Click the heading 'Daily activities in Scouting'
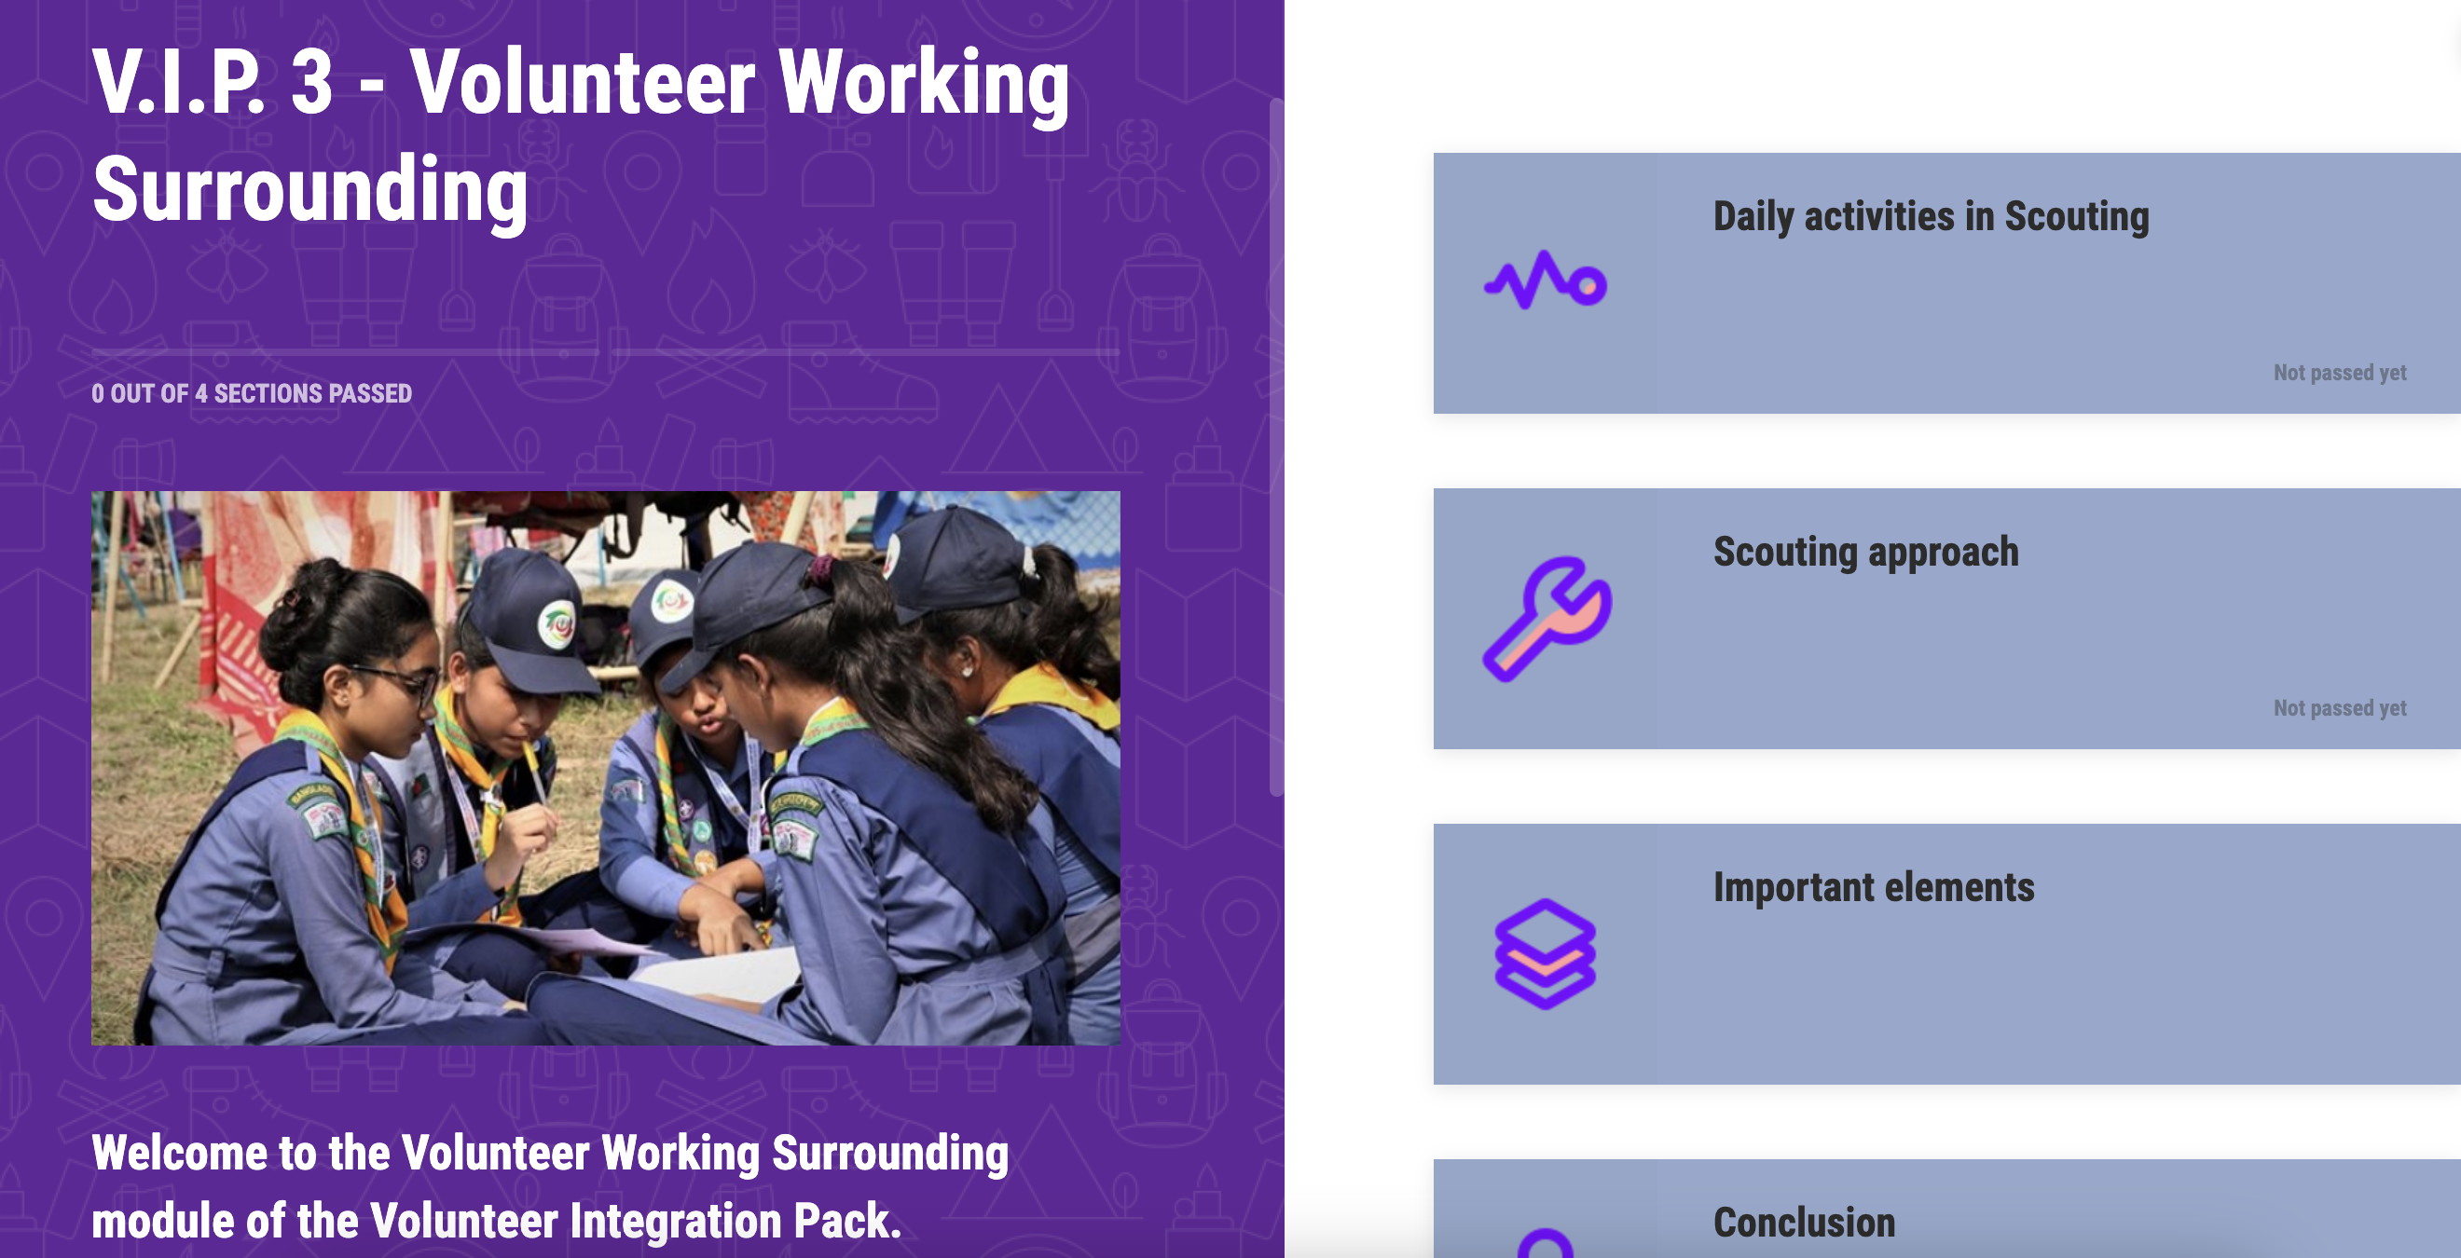1931,217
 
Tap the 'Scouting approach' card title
1866,552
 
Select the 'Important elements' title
1874,887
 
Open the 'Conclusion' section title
1804,1223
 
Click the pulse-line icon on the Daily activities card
1545,280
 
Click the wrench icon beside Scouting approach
1547,619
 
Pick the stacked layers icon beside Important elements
1545,953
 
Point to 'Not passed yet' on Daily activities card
2340,373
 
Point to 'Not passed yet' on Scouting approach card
2340,708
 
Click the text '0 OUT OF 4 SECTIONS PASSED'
252,393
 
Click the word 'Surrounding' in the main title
309,190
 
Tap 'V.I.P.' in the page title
179,83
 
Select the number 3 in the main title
311,83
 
